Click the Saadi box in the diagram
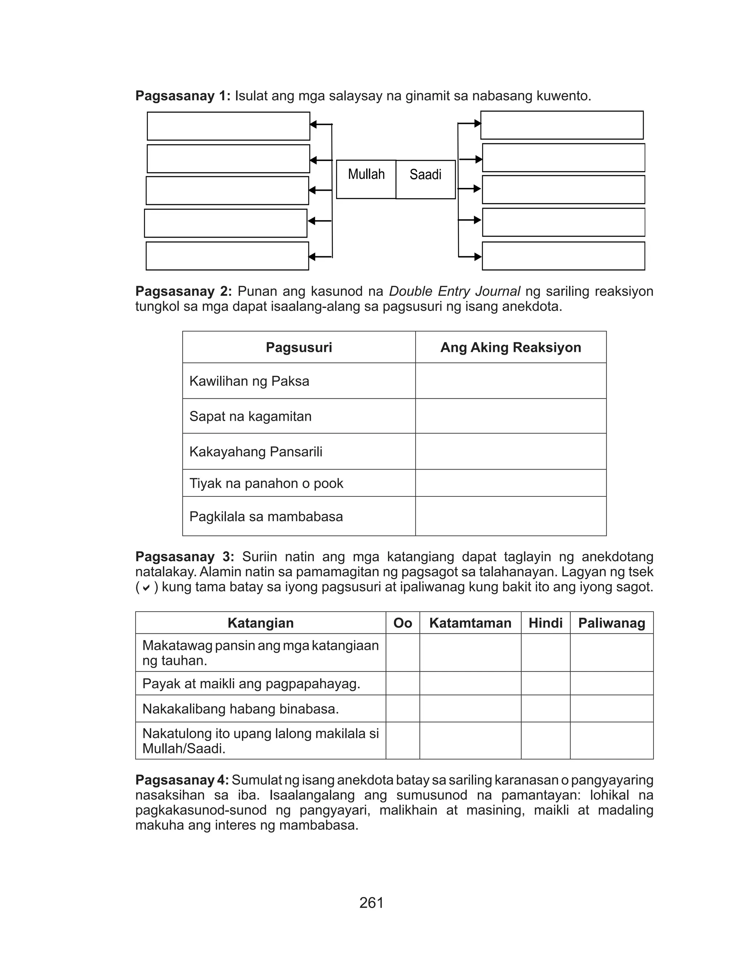425,180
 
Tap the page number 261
372,902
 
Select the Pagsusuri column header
299,347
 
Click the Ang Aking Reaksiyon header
511,347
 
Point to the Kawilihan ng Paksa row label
249,381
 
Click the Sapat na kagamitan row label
251,416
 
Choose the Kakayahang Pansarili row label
256,452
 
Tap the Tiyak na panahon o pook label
267,483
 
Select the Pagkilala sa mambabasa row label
266,516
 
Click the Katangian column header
260,623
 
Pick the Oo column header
403,623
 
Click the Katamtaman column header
470,623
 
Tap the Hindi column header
546,623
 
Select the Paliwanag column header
612,623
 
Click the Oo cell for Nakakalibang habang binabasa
403,709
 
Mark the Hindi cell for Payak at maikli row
546,683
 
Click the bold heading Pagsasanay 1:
183,96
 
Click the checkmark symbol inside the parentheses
147,588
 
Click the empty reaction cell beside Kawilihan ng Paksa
511,381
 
